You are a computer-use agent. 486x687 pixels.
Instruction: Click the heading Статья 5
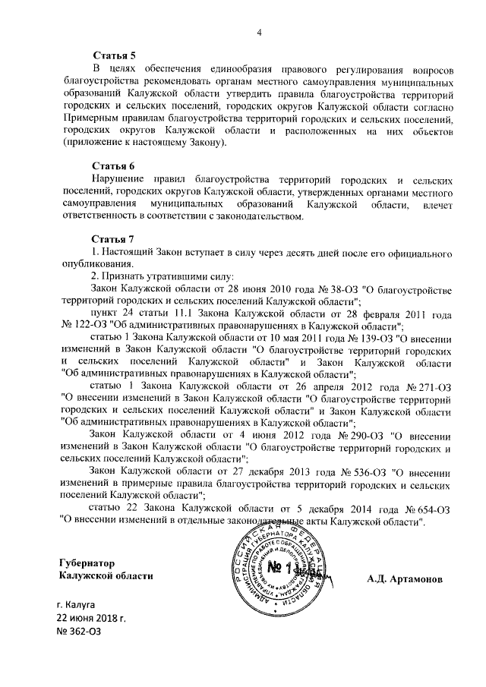(x=113, y=56)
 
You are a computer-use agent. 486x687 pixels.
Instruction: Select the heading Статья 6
(x=113, y=165)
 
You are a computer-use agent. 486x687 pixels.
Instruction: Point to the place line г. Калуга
(x=81, y=604)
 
